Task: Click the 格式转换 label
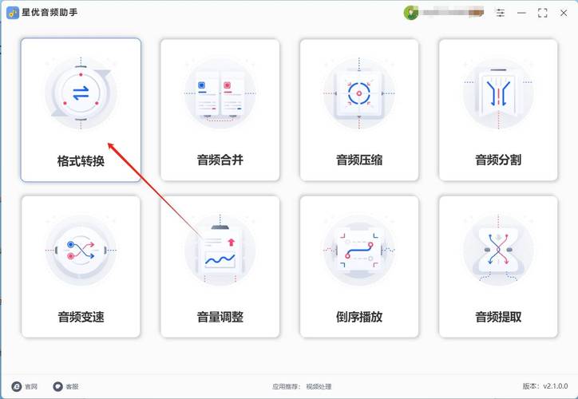[81, 160]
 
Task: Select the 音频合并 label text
[220, 160]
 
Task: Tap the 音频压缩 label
[359, 160]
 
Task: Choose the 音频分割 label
[498, 160]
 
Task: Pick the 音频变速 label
[81, 317]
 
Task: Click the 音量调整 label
[220, 317]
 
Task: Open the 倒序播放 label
[359, 317]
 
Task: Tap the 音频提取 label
[498, 317]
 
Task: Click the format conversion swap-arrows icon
[81, 93]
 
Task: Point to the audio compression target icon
[359, 93]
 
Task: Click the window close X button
[564, 13]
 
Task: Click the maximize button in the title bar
[543, 13]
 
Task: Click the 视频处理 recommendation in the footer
[319, 386]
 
